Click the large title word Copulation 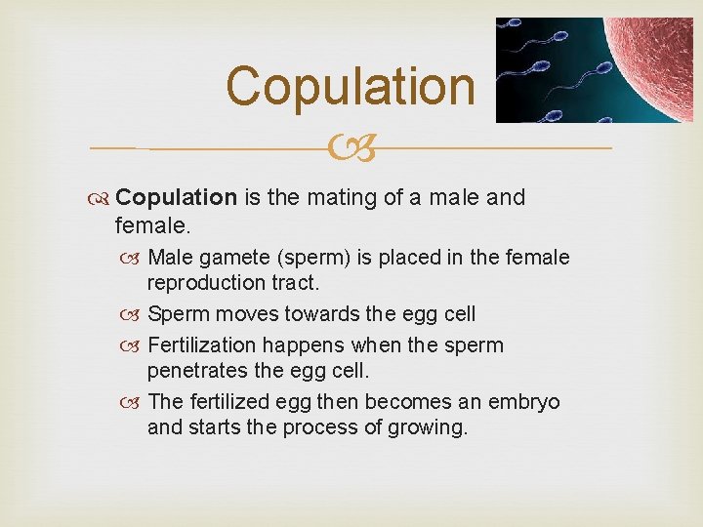point(351,86)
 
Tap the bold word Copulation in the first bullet point(176,198)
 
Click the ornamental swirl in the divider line point(351,148)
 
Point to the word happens point(302,345)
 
